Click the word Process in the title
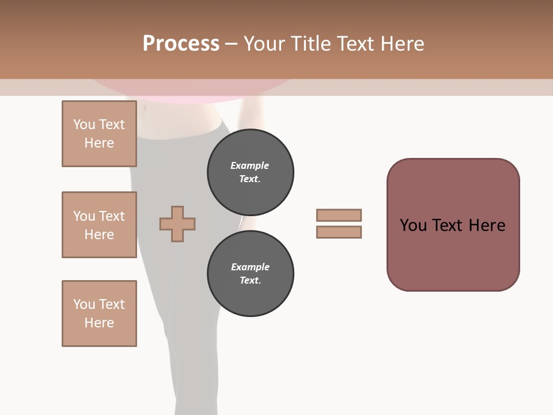click(x=181, y=44)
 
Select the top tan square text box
click(x=99, y=134)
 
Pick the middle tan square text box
click(x=99, y=225)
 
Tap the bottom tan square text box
click(x=99, y=314)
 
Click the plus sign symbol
click(x=177, y=224)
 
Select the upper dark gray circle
click(x=250, y=172)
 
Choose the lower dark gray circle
click(x=250, y=274)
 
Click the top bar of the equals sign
click(x=339, y=215)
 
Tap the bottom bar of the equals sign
click(x=339, y=232)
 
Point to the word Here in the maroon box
click(x=487, y=225)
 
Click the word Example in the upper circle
click(x=250, y=165)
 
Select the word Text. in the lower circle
click(x=250, y=281)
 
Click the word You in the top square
click(x=84, y=124)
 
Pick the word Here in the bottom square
click(x=99, y=323)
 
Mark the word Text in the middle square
click(x=111, y=216)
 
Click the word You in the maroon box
click(x=413, y=225)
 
